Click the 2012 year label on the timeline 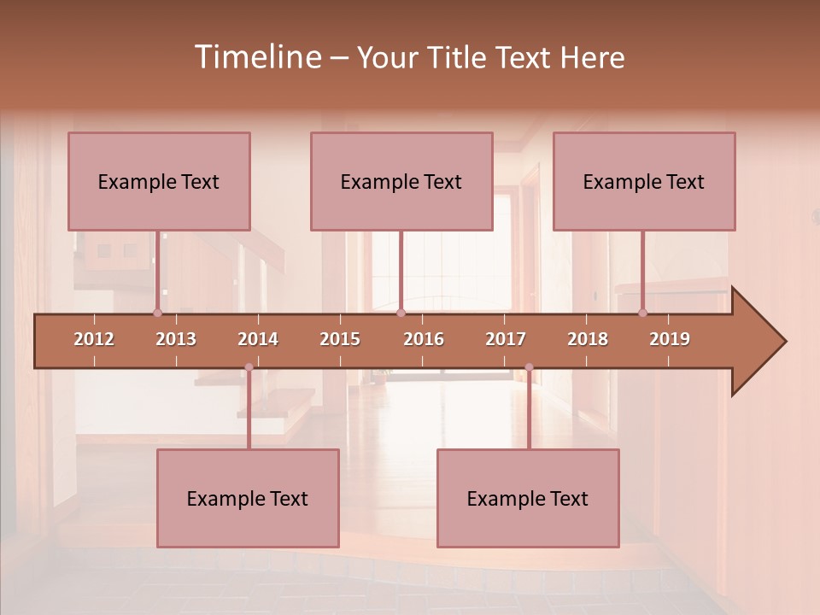click(94, 339)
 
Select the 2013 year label click(176, 339)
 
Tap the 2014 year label click(258, 339)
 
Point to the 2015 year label click(340, 339)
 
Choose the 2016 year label click(424, 339)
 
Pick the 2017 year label click(506, 339)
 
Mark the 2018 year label click(588, 339)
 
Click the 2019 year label click(670, 339)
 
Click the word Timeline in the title click(256, 57)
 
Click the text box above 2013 click(159, 181)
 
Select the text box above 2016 click(401, 181)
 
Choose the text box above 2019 click(644, 181)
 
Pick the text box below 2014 click(248, 498)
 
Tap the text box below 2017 click(528, 498)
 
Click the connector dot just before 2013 click(157, 313)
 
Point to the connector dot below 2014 click(249, 367)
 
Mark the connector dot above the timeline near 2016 click(401, 313)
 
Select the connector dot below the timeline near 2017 click(529, 367)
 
